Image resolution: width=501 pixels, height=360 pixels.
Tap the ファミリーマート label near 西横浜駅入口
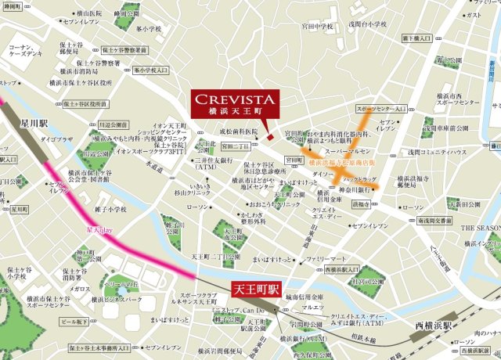tap(326, 257)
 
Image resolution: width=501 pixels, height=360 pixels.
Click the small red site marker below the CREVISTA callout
tap(270, 138)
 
